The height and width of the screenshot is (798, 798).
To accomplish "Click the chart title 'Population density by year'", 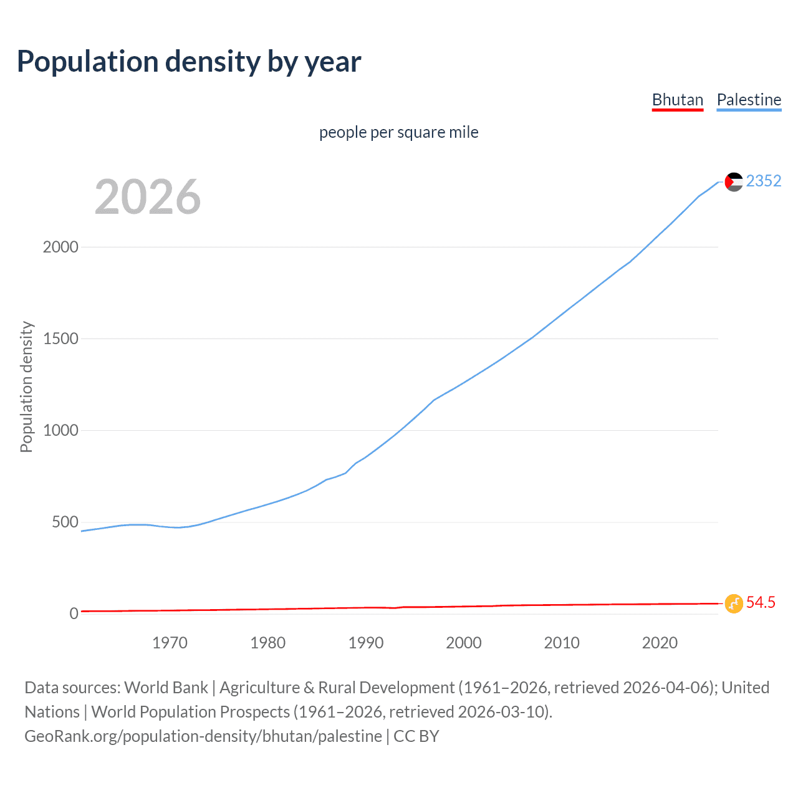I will [189, 61].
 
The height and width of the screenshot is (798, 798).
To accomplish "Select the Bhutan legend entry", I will [677, 100].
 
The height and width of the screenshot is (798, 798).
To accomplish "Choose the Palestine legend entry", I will [749, 100].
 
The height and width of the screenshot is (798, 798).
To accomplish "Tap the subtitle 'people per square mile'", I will [398, 132].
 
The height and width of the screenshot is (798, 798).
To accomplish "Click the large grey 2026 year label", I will [148, 197].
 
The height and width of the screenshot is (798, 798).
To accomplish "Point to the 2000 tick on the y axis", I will [60, 247].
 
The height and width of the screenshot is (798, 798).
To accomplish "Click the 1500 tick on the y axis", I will [60, 339].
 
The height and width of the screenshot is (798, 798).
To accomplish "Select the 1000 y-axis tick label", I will [60, 430].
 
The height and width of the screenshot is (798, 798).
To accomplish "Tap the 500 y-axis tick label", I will [65, 522].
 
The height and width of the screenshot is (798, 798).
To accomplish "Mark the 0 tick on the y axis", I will [74, 613].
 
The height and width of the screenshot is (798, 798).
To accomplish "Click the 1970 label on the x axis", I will [170, 643].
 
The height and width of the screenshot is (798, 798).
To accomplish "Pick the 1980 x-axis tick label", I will [267, 643].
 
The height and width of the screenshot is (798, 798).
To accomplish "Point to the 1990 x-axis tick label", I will [366, 643].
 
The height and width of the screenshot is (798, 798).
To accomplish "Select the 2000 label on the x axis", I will [464, 643].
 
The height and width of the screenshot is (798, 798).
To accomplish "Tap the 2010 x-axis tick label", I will [562, 643].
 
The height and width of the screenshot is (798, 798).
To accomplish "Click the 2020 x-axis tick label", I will [660, 643].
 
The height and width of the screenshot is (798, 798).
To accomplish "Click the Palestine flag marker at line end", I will [734, 181].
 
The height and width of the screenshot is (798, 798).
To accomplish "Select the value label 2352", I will [764, 181].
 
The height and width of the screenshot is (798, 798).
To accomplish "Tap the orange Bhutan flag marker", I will [734, 603].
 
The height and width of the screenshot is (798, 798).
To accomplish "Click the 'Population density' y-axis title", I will [26, 387].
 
